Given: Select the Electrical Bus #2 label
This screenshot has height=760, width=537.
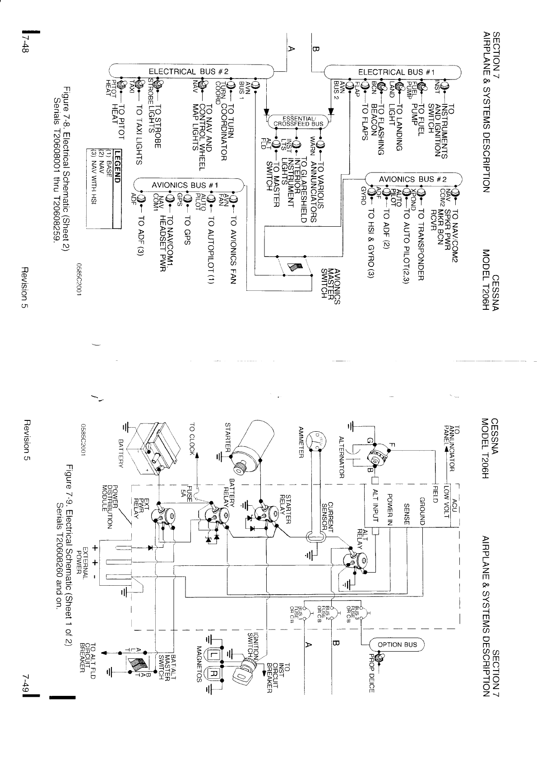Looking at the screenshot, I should point(190,72).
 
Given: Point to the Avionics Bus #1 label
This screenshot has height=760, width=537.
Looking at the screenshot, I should point(185,185).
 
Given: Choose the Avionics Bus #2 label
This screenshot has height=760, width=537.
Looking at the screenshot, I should point(412,178).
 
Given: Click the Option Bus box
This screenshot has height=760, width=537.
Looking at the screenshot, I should point(396,644).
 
